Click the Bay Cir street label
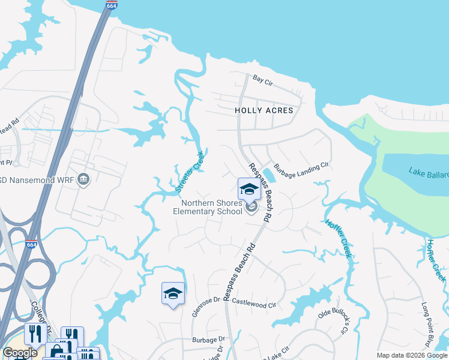click(262, 79)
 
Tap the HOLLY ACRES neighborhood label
click(264, 110)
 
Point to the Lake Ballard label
click(429, 172)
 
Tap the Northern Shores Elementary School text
click(208, 208)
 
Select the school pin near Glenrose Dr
click(173, 293)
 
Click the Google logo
click(20, 353)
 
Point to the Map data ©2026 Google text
click(411, 355)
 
